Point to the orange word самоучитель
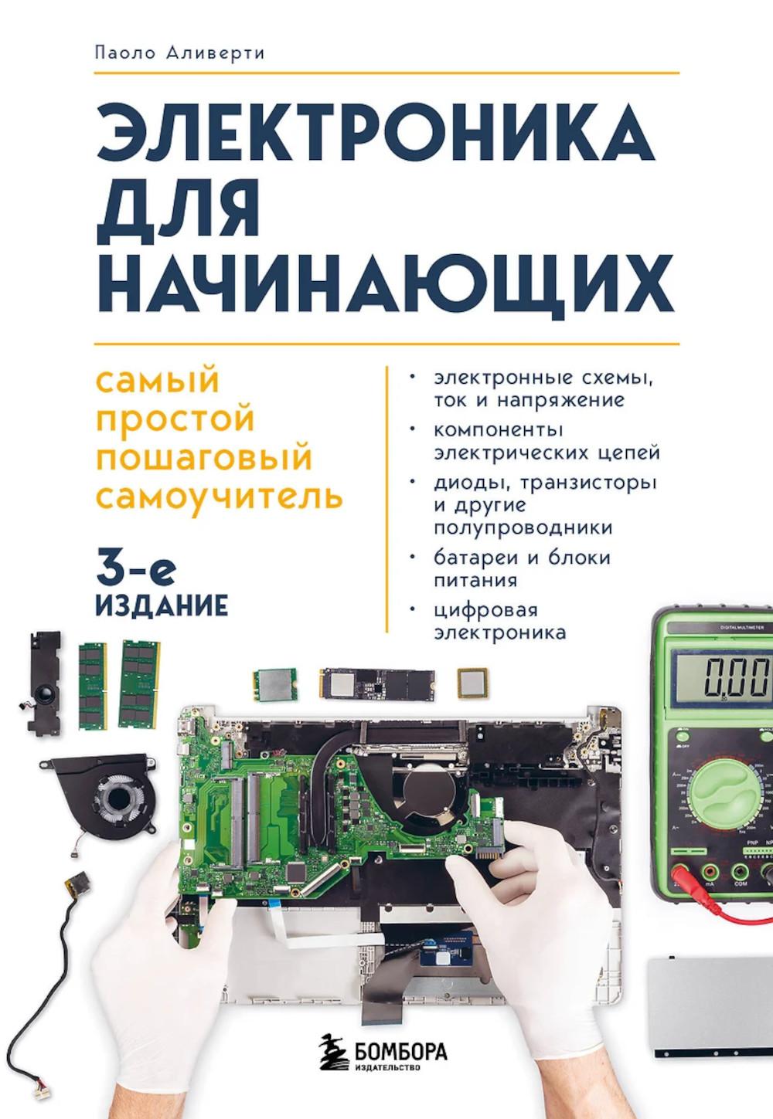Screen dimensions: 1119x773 tap(219, 495)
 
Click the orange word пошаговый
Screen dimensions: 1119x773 tap(203, 456)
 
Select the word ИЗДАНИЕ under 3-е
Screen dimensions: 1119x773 tap(161, 605)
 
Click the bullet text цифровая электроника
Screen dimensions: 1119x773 tap(499, 622)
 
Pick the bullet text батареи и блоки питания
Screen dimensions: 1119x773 tap(521, 568)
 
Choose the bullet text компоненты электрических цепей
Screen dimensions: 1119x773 tap(546, 440)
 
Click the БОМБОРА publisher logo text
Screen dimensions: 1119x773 tap(401, 1051)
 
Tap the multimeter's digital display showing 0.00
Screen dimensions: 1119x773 tap(724, 677)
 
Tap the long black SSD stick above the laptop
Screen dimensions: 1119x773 tap(377, 683)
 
